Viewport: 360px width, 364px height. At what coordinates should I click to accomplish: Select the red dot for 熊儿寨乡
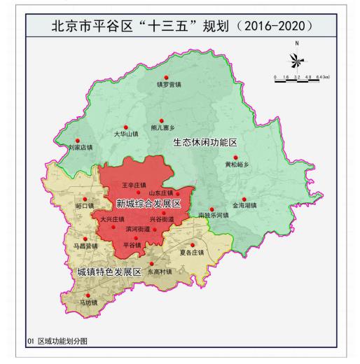(162, 120)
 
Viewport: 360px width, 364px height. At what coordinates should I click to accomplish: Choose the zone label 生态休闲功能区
(205, 142)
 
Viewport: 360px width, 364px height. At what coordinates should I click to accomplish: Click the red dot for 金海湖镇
(244, 199)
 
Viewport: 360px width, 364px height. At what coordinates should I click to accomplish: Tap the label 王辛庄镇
(134, 185)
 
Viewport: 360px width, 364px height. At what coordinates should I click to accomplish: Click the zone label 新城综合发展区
(148, 204)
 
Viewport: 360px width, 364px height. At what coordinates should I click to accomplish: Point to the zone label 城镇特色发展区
(109, 271)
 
